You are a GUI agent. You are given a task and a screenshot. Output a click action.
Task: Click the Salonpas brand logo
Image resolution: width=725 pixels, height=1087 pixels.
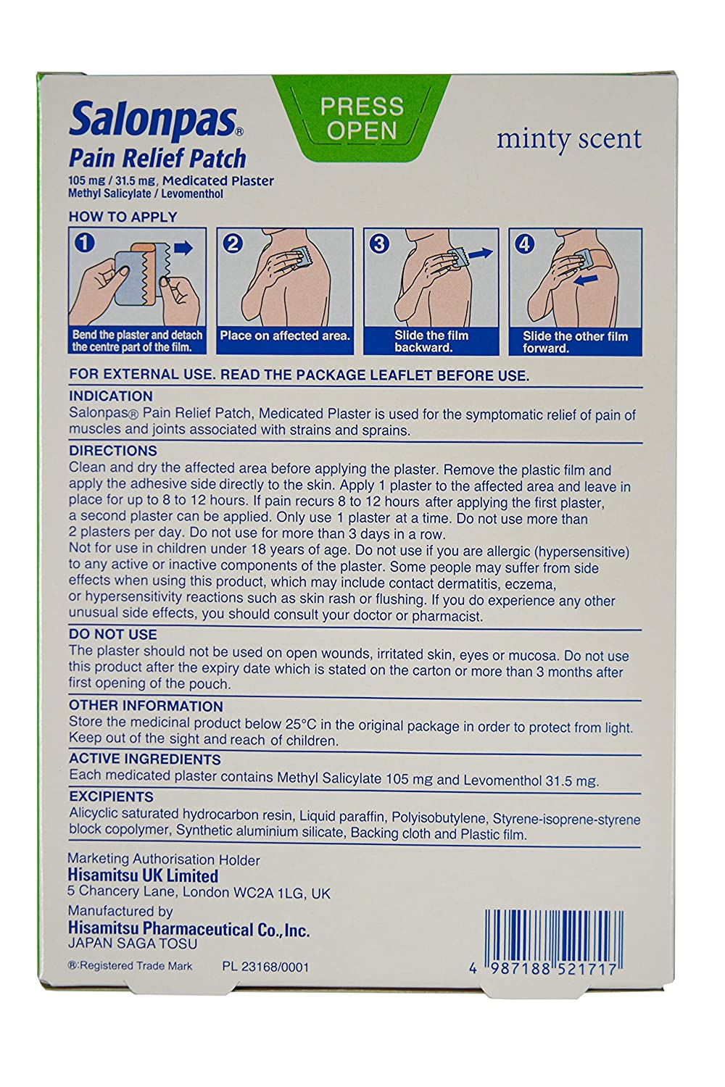pyautogui.click(x=155, y=122)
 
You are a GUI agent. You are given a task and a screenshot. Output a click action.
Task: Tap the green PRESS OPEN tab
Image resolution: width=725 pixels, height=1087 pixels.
pyautogui.click(x=362, y=118)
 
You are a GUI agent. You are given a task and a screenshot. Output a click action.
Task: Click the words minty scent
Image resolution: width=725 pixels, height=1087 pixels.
pyautogui.click(x=568, y=139)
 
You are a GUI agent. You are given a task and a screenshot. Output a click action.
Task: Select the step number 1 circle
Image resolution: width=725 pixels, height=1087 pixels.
pyautogui.click(x=85, y=243)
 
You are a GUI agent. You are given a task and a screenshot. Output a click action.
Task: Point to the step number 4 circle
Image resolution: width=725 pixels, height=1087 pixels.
pyautogui.click(x=524, y=244)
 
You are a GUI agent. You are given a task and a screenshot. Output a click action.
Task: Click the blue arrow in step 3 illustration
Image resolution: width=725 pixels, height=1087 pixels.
pyautogui.click(x=478, y=254)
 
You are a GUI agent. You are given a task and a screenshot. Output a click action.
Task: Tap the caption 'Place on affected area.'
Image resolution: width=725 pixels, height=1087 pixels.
pyautogui.click(x=285, y=336)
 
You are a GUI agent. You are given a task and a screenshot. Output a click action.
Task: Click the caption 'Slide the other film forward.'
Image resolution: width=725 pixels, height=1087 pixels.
pyautogui.click(x=575, y=342)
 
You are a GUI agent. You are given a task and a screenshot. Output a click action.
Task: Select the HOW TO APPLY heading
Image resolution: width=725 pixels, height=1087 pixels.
pyautogui.click(x=123, y=217)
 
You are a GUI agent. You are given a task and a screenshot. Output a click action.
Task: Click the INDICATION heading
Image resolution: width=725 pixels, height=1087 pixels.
pyautogui.click(x=111, y=396)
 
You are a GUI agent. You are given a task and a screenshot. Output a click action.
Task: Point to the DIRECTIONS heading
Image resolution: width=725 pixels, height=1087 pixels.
pyautogui.click(x=113, y=451)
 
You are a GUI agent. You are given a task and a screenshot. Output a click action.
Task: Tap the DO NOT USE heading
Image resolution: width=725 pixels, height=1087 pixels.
pyautogui.click(x=112, y=634)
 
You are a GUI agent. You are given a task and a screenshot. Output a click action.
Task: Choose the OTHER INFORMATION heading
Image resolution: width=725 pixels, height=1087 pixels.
pyautogui.click(x=146, y=705)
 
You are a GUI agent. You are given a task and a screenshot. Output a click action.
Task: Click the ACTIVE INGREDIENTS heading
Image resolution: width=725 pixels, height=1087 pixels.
pyautogui.click(x=144, y=759)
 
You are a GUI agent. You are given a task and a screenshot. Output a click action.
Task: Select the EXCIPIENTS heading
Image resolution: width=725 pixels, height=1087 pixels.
pyautogui.click(x=111, y=796)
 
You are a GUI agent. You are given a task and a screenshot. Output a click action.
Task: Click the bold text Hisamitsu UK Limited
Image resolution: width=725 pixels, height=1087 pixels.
pyautogui.click(x=143, y=876)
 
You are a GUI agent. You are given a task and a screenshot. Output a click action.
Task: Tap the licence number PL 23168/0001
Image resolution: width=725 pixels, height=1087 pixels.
pyautogui.click(x=265, y=967)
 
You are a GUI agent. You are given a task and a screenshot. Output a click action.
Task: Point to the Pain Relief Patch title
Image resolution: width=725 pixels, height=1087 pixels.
pyautogui.click(x=157, y=159)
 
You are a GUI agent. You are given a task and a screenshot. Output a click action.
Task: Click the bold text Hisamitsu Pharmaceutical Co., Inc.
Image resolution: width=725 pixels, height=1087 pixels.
pyautogui.click(x=188, y=929)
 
